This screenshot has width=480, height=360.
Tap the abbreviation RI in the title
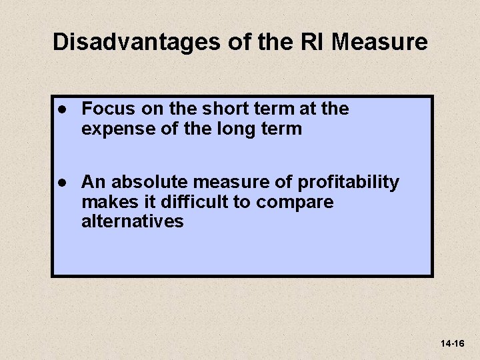(313, 43)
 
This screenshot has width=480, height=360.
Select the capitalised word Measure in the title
(379, 43)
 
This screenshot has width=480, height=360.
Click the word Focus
(107, 109)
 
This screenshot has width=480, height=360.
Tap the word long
(230, 129)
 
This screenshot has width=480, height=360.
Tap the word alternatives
(132, 221)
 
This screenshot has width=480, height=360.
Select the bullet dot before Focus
(61, 109)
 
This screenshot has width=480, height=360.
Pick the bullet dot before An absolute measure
(61, 182)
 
